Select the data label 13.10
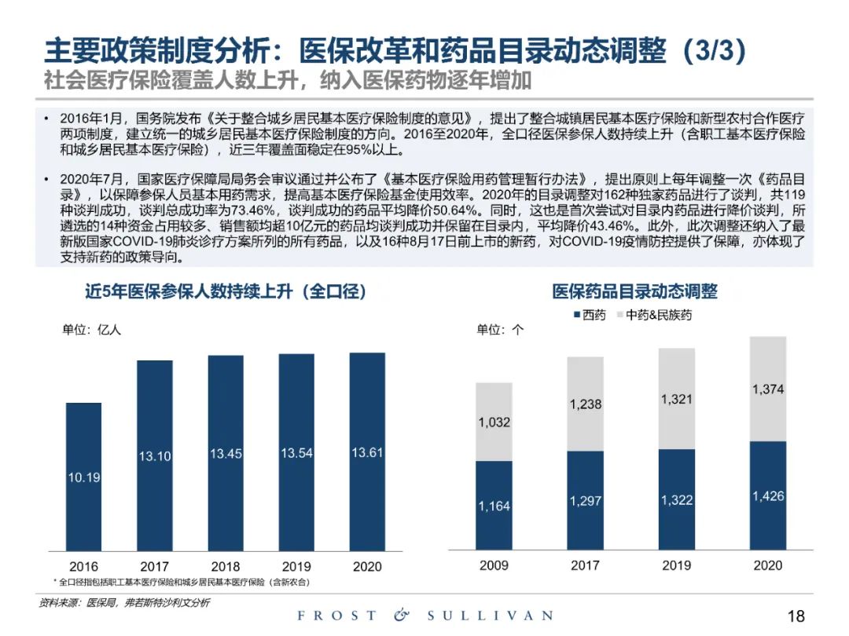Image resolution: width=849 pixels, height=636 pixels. [155, 456]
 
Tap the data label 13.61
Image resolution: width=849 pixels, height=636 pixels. [367, 452]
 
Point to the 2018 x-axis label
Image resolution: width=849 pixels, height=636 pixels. [226, 566]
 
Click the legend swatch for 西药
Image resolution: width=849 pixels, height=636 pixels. [575, 315]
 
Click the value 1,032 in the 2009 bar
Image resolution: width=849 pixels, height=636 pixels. [494, 422]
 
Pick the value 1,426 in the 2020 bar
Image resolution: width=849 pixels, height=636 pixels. [767, 496]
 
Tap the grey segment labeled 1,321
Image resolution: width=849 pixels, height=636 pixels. [676, 399]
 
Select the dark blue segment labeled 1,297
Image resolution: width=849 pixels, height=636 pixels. [585, 501]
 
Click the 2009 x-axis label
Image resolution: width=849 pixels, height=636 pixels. [494, 565]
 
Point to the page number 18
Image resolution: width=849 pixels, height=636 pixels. [796, 616]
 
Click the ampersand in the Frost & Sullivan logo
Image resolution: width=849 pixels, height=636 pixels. [402, 616]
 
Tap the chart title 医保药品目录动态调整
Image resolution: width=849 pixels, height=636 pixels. [634, 291]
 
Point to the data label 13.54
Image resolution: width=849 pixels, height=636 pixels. [296, 453]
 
